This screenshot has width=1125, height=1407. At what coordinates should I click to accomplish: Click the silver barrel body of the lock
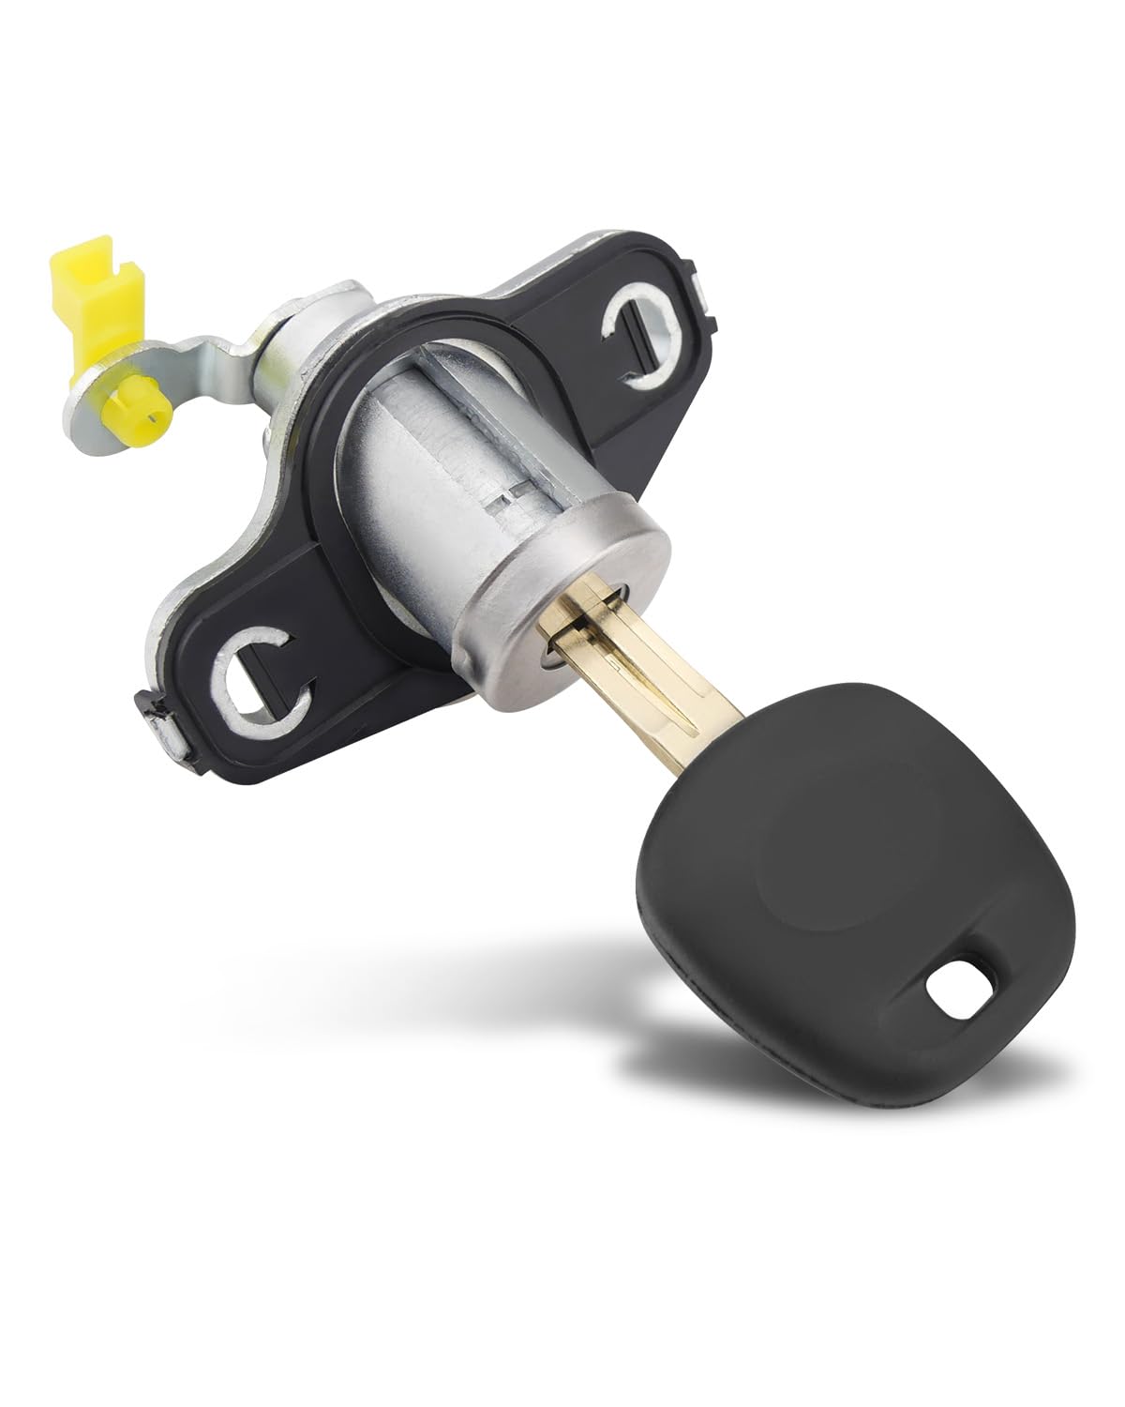[441, 441]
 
